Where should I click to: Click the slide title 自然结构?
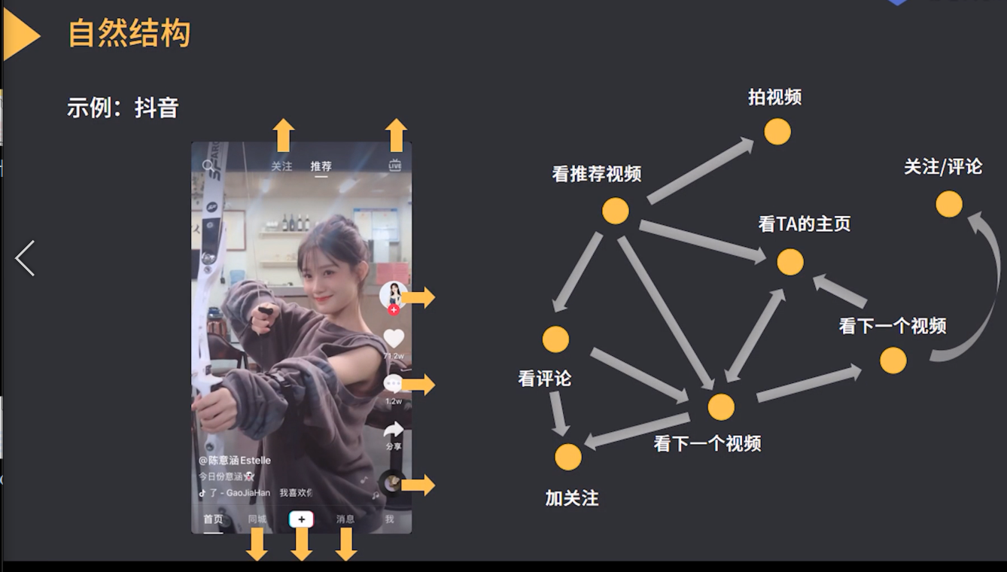(129, 34)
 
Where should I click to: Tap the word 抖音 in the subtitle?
(157, 108)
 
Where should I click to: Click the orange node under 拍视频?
(777, 132)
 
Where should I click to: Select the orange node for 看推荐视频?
(615, 211)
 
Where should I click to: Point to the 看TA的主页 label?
(804, 224)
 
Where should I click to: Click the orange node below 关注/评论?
(948, 204)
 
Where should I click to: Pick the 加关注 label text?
(571, 498)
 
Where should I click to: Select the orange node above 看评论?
(555, 339)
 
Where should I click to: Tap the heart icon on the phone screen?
(394, 339)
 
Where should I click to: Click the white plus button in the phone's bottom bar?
(301, 519)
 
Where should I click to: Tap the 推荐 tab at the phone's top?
(321, 166)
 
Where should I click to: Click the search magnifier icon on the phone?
(208, 166)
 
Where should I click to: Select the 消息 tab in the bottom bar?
(345, 519)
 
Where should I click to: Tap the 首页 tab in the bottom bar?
(213, 519)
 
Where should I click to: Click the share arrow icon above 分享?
(394, 430)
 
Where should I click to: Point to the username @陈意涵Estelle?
(235, 460)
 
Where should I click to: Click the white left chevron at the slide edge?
(25, 258)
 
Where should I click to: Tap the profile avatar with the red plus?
(393, 296)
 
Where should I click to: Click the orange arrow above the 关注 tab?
(283, 135)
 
